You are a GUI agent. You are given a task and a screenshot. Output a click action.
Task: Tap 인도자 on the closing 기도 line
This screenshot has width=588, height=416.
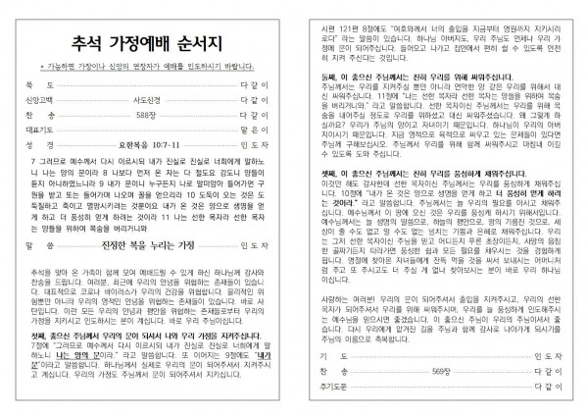pos(556,354)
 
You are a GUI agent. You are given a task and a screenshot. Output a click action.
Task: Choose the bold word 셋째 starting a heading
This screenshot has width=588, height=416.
pos(325,195)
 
